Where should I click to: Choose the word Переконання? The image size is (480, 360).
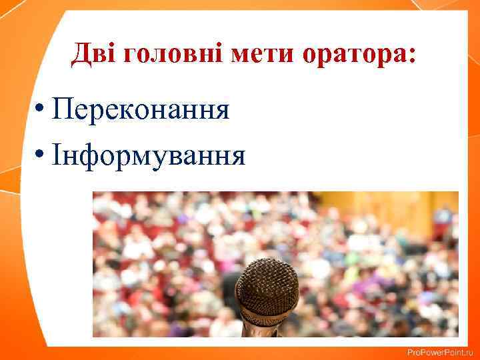click(x=143, y=109)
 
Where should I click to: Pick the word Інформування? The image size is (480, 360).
click(x=150, y=156)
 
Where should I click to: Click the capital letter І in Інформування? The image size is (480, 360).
click(x=59, y=155)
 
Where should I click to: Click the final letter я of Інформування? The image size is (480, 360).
click(x=238, y=157)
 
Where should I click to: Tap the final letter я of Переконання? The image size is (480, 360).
click(x=222, y=111)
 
